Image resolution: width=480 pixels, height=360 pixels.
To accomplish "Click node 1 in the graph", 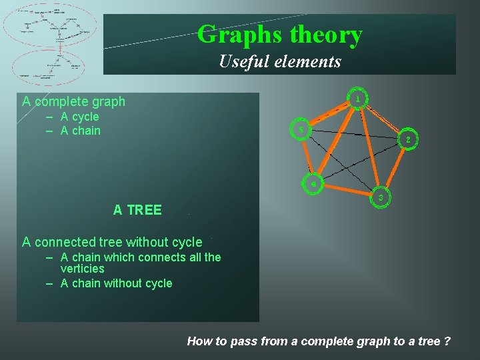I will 358,99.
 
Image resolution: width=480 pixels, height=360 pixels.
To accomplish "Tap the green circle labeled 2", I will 407,140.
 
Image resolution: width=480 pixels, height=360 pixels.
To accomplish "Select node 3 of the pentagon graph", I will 380,198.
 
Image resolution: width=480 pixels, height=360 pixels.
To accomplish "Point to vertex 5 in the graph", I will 301,129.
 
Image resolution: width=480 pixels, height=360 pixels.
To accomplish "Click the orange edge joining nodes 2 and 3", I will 394,169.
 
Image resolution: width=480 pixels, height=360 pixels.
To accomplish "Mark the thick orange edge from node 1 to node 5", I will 330,114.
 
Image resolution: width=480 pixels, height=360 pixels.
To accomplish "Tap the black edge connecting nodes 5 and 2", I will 353,135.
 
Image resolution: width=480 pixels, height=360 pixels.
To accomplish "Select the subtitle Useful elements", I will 280,62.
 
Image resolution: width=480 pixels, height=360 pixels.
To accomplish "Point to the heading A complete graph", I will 73,101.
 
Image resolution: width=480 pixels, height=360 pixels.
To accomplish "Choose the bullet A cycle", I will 79,117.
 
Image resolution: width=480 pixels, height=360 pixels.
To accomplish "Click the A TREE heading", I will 137,210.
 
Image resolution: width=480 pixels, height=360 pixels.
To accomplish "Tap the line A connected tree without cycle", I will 112,242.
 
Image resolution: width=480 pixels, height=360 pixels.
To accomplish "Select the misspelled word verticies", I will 82,269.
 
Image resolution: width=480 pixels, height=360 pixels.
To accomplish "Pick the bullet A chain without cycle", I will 116,283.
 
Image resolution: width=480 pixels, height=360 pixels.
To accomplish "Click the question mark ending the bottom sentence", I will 446,341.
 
